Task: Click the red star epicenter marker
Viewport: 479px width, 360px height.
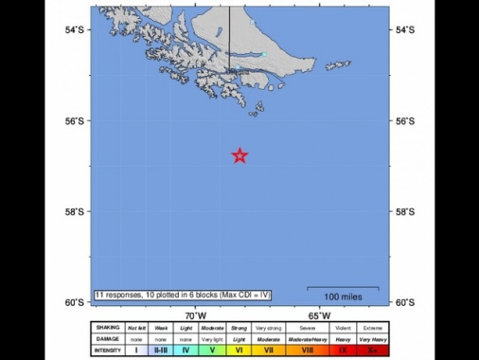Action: coord(240,155)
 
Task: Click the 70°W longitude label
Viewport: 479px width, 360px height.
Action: coord(196,315)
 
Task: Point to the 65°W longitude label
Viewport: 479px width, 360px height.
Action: coord(319,315)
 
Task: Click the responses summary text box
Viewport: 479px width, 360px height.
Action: coord(183,296)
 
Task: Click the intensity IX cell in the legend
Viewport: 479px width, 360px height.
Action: coord(342,350)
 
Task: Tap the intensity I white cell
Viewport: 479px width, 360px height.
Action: coord(136,350)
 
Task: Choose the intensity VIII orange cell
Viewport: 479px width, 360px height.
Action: coord(307,350)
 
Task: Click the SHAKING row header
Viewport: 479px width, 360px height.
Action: coord(107,328)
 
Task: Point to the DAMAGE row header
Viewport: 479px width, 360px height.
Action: coord(107,338)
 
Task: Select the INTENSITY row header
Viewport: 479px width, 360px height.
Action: coord(107,350)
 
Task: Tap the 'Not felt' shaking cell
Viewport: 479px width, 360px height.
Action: coord(136,328)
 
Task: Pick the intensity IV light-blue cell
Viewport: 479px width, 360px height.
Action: coord(186,350)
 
